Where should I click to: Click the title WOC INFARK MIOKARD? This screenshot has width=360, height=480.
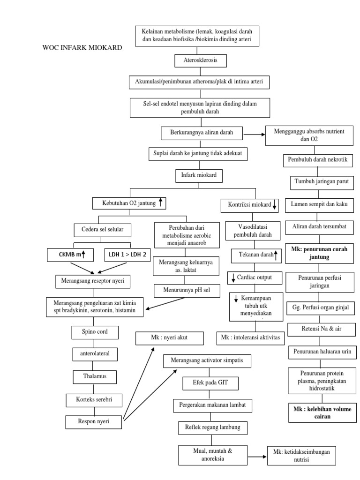click(x=82, y=48)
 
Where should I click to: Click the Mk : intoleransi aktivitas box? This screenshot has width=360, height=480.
click(x=250, y=337)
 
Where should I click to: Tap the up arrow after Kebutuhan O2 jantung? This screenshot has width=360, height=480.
click(x=160, y=202)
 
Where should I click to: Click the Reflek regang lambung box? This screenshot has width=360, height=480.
click(x=213, y=427)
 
